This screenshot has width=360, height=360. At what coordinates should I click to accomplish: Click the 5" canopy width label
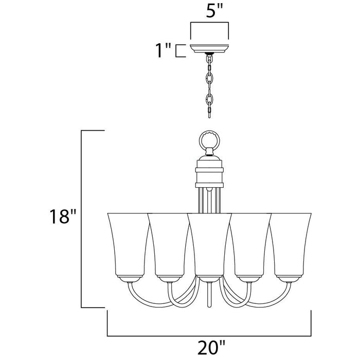pos(209,11)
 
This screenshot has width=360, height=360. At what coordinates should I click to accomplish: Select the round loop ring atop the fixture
pos(209,139)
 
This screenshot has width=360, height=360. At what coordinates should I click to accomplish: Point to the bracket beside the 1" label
pos(179,51)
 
